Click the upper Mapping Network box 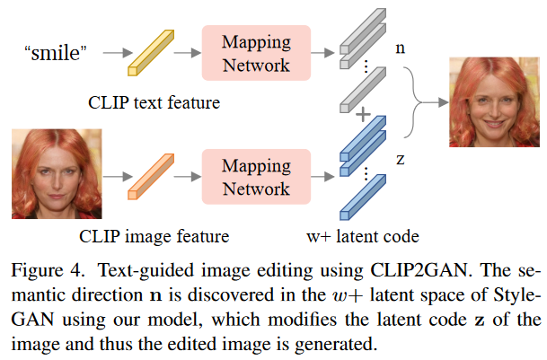(256, 53)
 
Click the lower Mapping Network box (256, 178)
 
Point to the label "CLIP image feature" (154, 237)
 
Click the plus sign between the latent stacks (363, 116)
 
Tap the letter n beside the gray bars (400, 47)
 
